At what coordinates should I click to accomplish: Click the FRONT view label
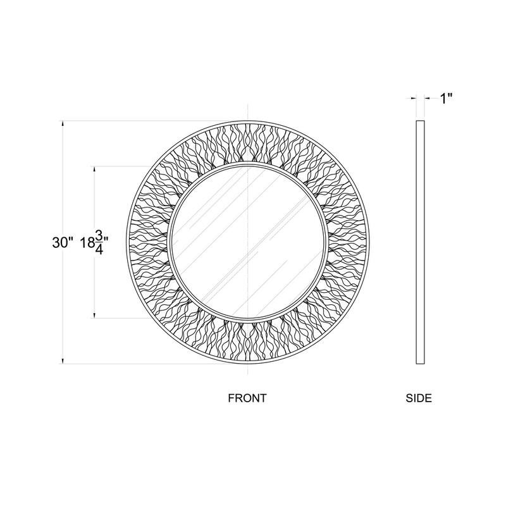point(247,398)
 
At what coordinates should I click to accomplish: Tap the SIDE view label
point(418,398)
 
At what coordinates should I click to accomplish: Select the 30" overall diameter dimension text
point(63,242)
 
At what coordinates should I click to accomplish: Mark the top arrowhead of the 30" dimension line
point(63,124)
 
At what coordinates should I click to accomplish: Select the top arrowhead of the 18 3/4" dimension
point(94,170)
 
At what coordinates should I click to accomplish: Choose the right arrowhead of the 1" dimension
point(425,98)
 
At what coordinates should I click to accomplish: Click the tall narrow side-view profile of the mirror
point(419,242)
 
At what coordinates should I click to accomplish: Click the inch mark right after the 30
point(73,238)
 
